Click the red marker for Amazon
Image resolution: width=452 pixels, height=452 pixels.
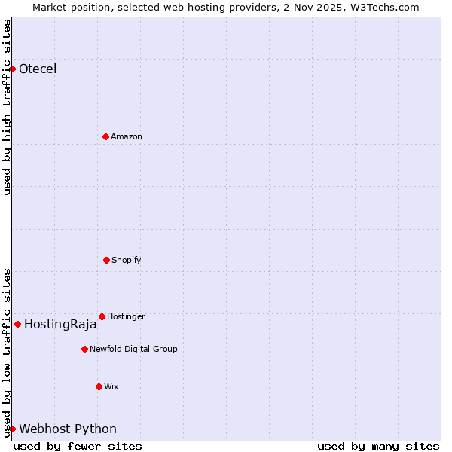point(105,136)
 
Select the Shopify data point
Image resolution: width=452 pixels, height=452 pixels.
point(106,260)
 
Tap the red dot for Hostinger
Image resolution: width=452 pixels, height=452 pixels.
point(102,316)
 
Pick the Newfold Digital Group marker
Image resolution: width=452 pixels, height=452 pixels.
point(84,349)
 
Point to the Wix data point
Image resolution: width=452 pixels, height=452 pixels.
point(99,386)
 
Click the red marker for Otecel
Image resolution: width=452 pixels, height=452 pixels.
point(12,69)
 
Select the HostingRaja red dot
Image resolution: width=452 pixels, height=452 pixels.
point(17,324)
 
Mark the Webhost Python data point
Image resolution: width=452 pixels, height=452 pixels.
point(12,429)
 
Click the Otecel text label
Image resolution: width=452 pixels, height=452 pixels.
point(38,69)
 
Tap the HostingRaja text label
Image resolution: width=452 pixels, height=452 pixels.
point(60,325)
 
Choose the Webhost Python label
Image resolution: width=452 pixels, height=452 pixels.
point(68,429)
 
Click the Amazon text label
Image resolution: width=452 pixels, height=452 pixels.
point(127,136)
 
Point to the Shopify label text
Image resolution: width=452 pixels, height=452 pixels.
point(127,261)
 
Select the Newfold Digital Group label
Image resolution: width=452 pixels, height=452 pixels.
point(133,349)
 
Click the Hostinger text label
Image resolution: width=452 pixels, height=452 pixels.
point(126,316)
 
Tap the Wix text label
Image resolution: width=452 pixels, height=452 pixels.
point(111,386)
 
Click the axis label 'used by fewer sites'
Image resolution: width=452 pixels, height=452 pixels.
point(78,446)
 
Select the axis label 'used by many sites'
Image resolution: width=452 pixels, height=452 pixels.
point(378,446)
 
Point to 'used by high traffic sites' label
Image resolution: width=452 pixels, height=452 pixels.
point(7,107)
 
